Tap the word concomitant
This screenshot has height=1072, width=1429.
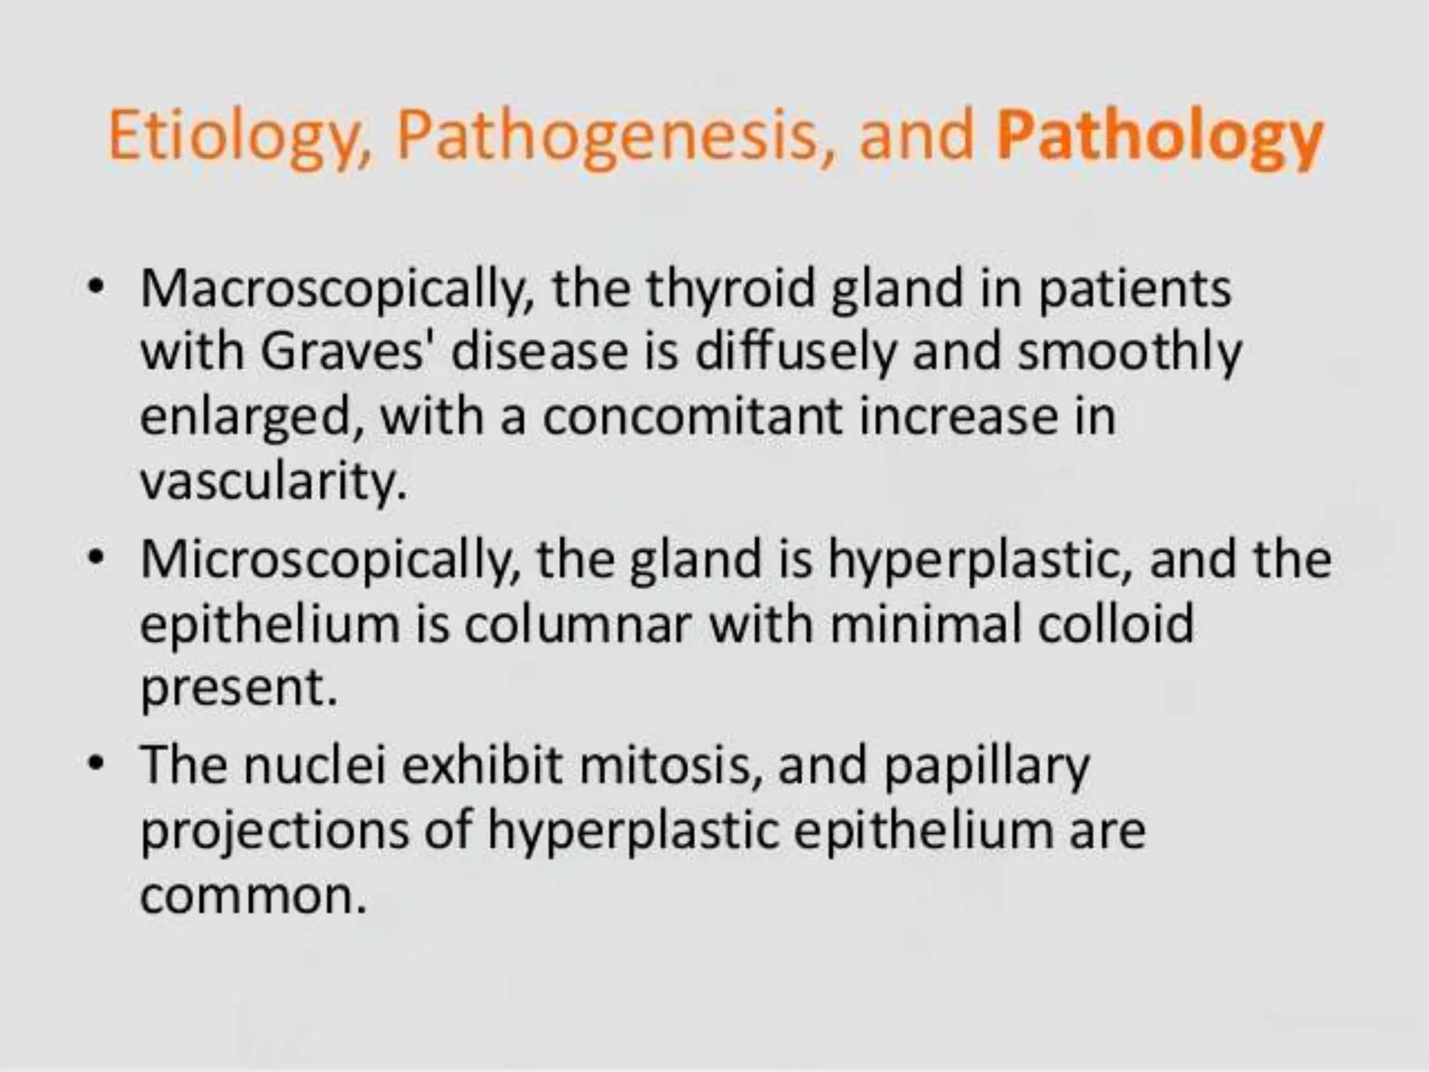pyautogui.click(x=691, y=417)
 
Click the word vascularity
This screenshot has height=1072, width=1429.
pyautogui.click(x=273, y=482)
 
